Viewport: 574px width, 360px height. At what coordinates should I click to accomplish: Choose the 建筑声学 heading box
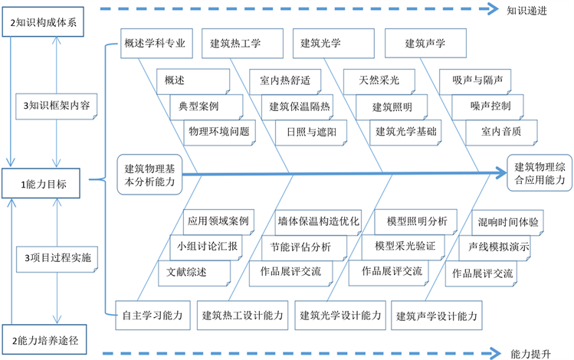coord(425,43)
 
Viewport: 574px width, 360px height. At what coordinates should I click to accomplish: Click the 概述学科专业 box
coord(156,43)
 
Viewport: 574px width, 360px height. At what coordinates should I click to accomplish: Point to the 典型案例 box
coord(195,106)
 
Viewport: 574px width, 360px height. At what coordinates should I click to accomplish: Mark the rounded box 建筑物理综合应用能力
coord(540,174)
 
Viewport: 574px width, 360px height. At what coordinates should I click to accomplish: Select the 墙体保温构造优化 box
coord(317,221)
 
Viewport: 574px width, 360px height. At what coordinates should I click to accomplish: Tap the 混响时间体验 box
coord(507,221)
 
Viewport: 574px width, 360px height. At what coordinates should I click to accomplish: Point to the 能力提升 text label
coord(529,354)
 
